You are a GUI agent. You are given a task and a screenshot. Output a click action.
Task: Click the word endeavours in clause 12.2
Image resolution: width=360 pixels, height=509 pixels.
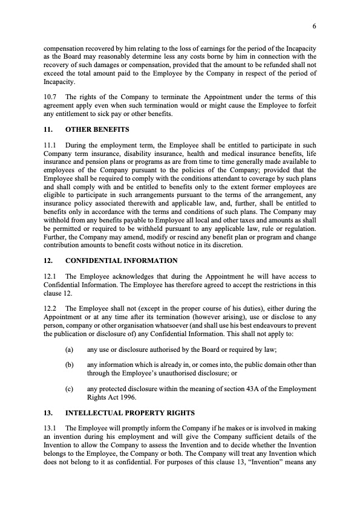[x=277, y=324]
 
